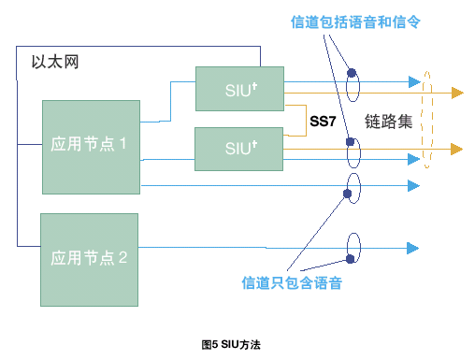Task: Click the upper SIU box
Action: pyautogui.click(x=239, y=89)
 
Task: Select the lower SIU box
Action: pyautogui.click(x=238, y=149)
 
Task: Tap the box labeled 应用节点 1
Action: pyautogui.click(x=91, y=147)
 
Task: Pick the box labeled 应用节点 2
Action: pyautogui.click(x=89, y=260)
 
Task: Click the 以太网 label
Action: pyautogui.click(x=55, y=62)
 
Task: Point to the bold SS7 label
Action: pyautogui.click(x=323, y=122)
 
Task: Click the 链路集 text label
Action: pyautogui.click(x=388, y=122)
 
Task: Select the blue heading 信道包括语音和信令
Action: pyautogui.click(x=355, y=22)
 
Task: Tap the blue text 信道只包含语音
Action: pyautogui.click(x=292, y=283)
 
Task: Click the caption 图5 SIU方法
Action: pyautogui.click(x=231, y=345)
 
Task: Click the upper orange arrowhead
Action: pyautogui.click(x=457, y=93)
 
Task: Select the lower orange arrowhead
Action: pyautogui.click(x=457, y=149)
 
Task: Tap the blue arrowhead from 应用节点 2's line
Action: pyautogui.click(x=413, y=249)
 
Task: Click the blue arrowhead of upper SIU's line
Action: pyautogui.click(x=415, y=82)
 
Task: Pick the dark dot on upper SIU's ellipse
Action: pyautogui.click(x=352, y=73)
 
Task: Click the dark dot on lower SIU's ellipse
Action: pyautogui.click(x=351, y=142)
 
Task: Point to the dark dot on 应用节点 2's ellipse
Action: pyautogui.click(x=351, y=259)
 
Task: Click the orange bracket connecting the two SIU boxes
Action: pyautogui.click(x=306, y=121)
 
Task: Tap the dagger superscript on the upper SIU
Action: pyautogui.click(x=254, y=86)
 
